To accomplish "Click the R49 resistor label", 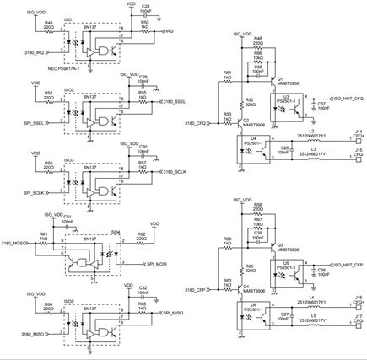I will pos(49,23).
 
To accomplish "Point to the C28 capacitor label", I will pos(145,7).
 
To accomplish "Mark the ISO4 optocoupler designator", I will pos(115,229).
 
